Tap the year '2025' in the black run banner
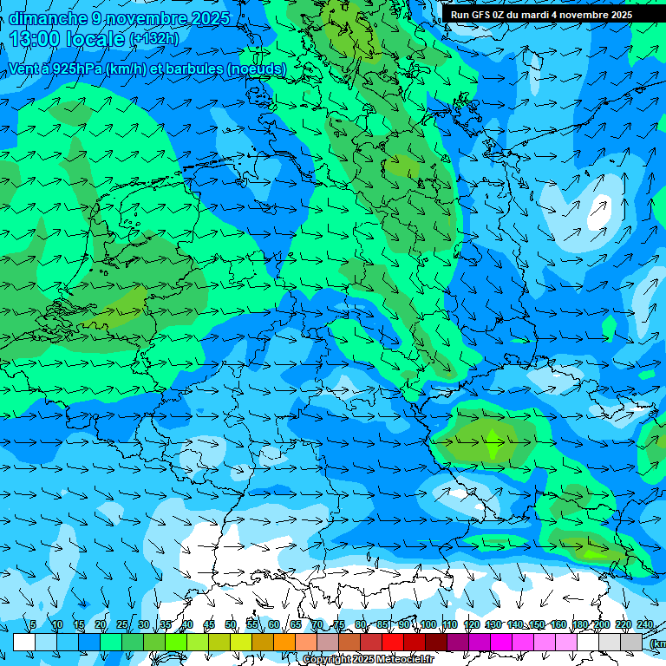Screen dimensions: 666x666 click(x=616, y=15)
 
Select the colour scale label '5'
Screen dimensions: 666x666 click(x=33, y=624)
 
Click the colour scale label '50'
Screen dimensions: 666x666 click(x=231, y=624)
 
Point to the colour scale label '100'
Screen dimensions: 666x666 click(x=428, y=624)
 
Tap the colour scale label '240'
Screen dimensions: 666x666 click(x=644, y=624)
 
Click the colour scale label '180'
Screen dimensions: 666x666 click(x=579, y=624)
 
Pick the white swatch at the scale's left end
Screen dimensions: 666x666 click(x=23, y=642)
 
